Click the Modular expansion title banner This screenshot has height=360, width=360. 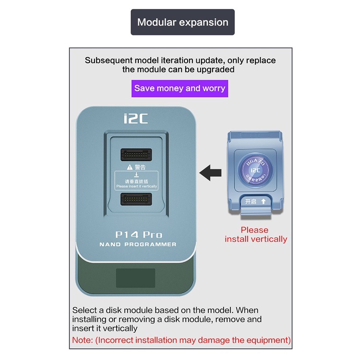(182, 22)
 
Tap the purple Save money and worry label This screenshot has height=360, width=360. (180, 88)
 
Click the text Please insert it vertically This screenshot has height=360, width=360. (136, 186)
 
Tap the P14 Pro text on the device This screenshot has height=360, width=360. (139, 235)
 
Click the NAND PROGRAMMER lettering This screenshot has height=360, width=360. (138, 244)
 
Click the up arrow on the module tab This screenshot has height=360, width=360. (263, 202)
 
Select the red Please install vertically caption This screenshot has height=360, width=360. (255, 235)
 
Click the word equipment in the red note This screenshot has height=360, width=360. (267, 340)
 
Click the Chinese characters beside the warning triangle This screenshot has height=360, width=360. (140, 168)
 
